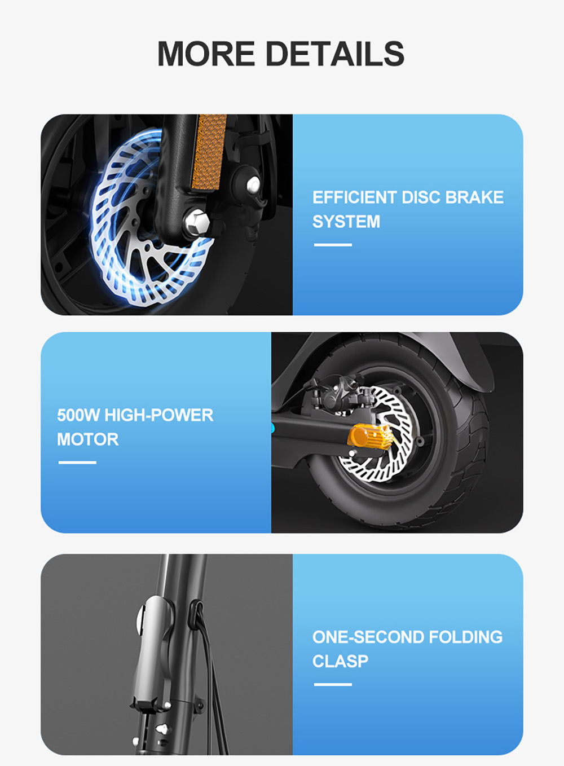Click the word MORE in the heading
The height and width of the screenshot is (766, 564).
coord(206,54)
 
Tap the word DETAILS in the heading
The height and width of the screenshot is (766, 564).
coord(334,54)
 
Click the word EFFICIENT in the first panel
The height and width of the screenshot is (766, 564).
coord(355,197)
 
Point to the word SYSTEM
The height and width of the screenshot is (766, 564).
coord(346,222)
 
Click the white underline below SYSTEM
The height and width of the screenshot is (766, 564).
coord(333,245)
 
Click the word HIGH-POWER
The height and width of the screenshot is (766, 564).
coord(159,415)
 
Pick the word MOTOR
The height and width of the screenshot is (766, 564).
coord(88,439)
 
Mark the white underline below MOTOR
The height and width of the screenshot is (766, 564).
coord(77,463)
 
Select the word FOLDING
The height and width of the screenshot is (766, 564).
coord(465,637)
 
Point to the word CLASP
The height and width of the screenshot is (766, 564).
coord(340,661)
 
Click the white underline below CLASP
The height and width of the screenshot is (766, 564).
coord(333,684)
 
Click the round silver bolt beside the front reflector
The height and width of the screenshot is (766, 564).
coord(253,184)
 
